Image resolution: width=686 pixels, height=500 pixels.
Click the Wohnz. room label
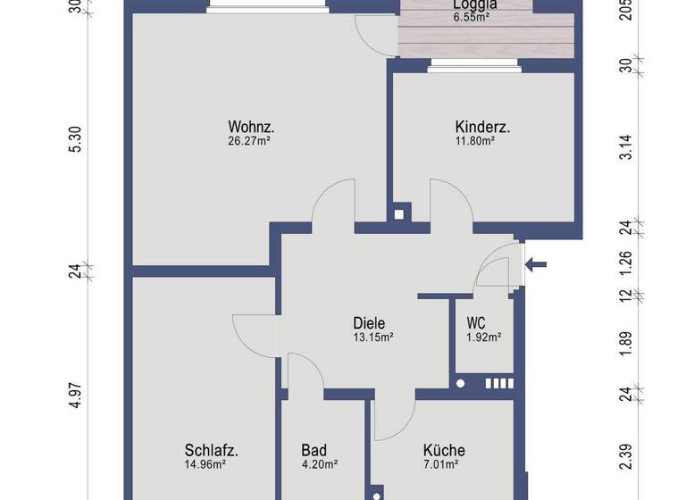250,126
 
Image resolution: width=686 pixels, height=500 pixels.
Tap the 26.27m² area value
250,139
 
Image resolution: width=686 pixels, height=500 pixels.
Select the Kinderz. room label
482,127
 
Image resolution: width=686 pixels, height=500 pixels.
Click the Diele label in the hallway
369,323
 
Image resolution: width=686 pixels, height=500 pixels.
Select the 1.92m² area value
484,337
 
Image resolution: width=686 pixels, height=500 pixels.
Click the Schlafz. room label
212,450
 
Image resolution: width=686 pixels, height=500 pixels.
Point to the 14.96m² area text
205,463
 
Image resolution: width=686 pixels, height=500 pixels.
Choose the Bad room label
314,450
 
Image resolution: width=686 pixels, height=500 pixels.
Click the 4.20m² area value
319,463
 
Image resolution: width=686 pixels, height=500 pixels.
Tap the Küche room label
444,450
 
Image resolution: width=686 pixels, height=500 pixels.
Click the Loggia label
473,4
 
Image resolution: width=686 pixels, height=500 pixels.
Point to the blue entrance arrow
537,264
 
